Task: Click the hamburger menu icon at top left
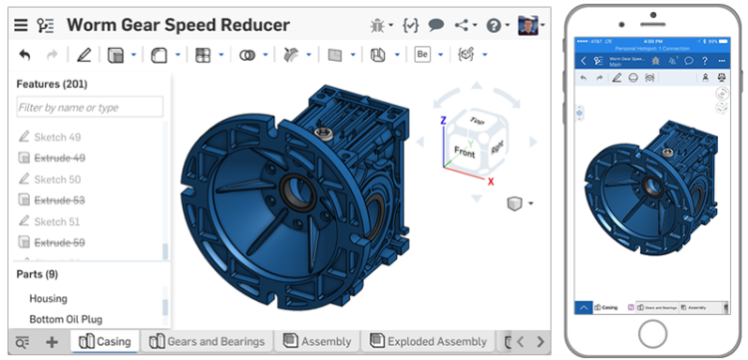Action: (20, 25)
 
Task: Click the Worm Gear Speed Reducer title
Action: (178, 25)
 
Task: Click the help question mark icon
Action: (494, 25)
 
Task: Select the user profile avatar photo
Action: (528, 25)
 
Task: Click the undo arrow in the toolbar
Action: (25, 55)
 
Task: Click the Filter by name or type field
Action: (90, 107)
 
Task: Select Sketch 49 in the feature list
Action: (57, 137)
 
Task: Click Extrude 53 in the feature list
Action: (59, 200)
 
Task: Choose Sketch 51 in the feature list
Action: (57, 221)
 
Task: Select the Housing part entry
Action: (48, 298)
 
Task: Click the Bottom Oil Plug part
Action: (67, 319)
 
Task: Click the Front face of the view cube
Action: (465, 152)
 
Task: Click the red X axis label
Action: (491, 181)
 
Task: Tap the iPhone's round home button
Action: (653, 331)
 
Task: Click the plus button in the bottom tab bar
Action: (52, 342)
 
